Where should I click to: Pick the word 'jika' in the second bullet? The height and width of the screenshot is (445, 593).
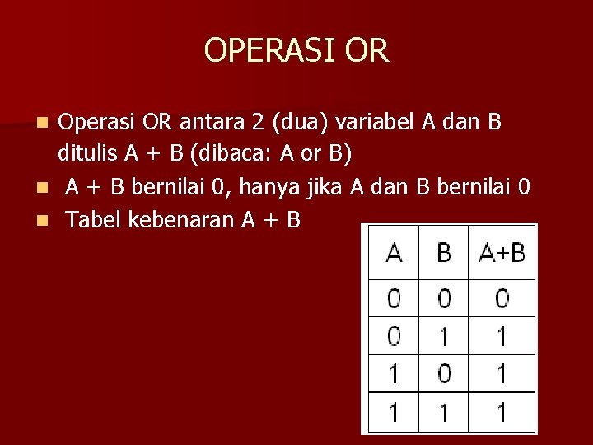point(328,187)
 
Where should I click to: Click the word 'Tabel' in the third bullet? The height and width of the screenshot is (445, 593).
point(91,219)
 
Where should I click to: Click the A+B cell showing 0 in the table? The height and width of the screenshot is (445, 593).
point(502,297)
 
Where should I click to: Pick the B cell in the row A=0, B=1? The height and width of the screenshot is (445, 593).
point(444,335)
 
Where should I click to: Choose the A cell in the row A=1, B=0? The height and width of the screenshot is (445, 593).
point(395,373)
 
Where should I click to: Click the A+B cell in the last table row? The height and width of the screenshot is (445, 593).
point(502,411)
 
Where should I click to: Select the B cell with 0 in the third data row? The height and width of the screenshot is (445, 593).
point(444,373)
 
